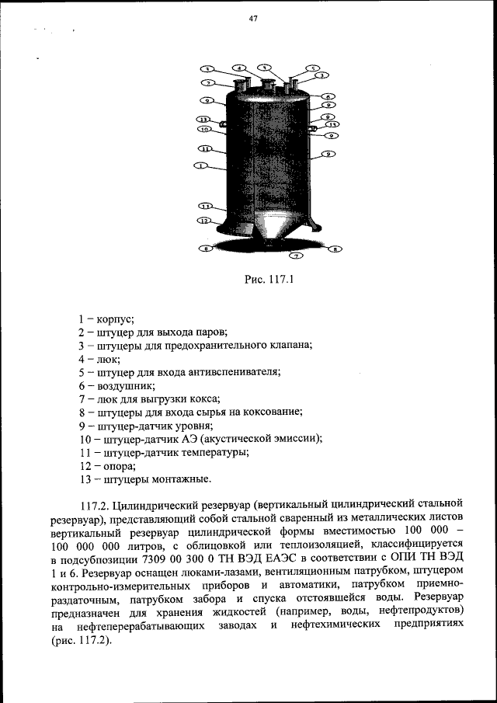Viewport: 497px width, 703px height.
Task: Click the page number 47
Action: pyautogui.click(x=252, y=19)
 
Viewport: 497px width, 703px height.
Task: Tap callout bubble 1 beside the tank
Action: pyautogui.click(x=200, y=165)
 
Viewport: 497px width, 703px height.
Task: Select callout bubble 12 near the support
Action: pyautogui.click(x=204, y=221)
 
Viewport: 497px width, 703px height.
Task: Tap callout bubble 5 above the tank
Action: pyautogui.click(x=311, y=68)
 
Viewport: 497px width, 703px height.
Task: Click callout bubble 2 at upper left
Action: pyautogui.click(x=207, y=82)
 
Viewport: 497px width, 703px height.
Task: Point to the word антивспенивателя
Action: pyautogui.click(x=233, y=371)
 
